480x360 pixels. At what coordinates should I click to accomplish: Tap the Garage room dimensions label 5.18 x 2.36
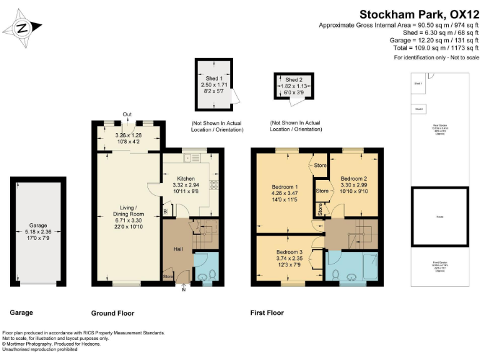pos(38,231)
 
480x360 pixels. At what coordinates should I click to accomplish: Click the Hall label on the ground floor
pos(177,249)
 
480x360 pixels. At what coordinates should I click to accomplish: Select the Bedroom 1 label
pos(284,187)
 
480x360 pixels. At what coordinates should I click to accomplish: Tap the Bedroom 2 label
pos(353,179)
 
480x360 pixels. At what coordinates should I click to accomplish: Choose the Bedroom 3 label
pos(289,252)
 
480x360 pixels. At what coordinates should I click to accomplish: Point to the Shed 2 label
pos(294,80)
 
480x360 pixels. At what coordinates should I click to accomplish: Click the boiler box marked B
pos(165,211)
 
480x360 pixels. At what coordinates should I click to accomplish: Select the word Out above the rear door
pos(127,114)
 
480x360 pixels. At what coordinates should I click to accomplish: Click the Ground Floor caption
pos(112,312)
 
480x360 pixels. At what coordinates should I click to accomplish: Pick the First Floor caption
pos(267,312)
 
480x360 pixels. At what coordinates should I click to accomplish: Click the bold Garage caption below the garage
pos(21,312)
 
